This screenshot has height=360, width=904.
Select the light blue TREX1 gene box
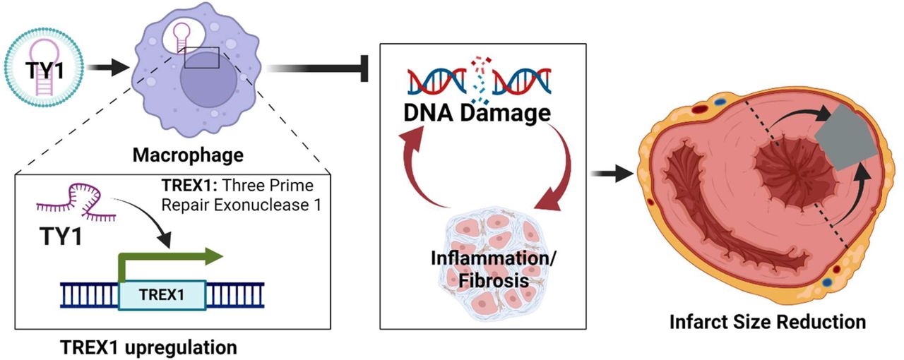coord(163,294)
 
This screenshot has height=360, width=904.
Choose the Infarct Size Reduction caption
coord(767,322)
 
